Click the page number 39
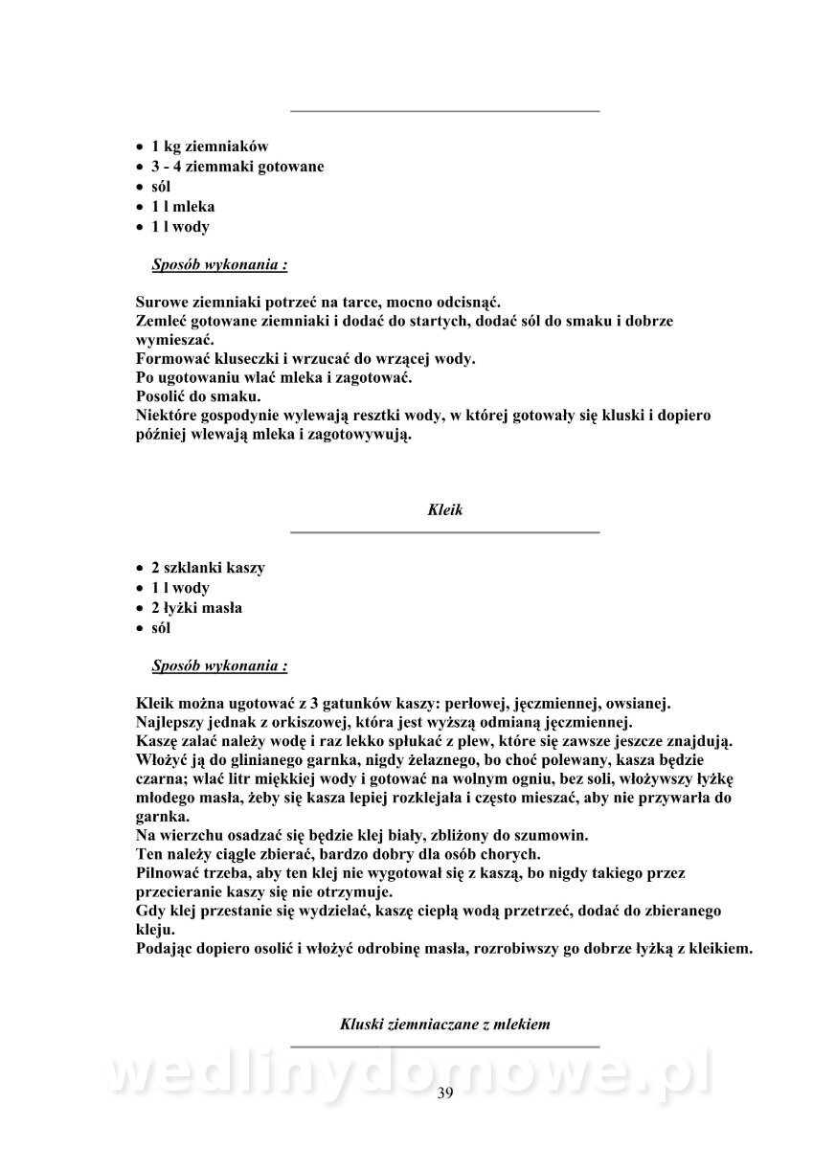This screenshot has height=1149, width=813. pyautogui.click(x=444, y=1093)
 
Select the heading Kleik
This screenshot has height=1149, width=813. pyautogui.click(x=444, y=510)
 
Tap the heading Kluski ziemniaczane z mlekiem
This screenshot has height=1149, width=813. pyautogui.click(x=444, y=1024)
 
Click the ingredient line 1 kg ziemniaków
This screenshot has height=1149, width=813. pyautogui.click(x=210, y=146)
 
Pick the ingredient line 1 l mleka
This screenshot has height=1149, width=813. pyautogui.click(x=183, y=207)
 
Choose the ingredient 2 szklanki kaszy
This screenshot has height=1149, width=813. pyautogui.click(x=208, y=568)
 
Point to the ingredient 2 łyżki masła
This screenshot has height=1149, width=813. pyautogui.click(x=196, y=608)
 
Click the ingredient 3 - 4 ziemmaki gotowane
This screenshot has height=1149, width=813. pyautogui.click(x=237, y=167)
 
